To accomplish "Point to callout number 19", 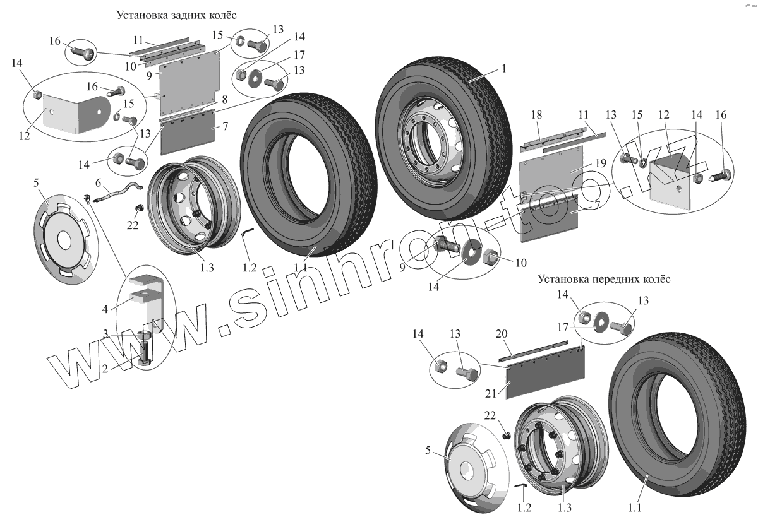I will click(x=599, y=163).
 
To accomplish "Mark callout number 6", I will click(x=99, y=182).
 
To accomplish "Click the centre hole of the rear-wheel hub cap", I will click(x=64, y=240).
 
